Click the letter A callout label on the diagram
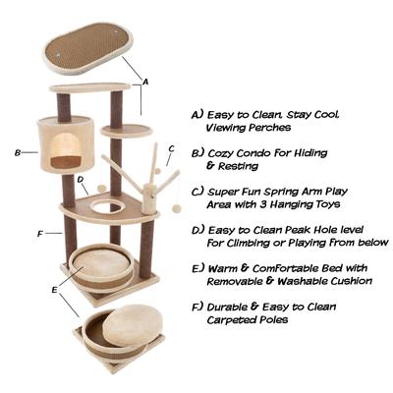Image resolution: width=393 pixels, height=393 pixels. point(145,84)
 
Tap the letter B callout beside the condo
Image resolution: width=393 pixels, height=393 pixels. point(18,152)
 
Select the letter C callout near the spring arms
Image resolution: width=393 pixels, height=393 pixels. point(171,149)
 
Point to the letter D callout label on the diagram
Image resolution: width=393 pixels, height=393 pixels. point(81,180)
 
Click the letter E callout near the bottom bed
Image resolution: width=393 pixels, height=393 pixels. point(53,290)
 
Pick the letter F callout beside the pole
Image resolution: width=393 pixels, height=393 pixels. point(39,234)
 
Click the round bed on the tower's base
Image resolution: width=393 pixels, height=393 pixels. point(97,263)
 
